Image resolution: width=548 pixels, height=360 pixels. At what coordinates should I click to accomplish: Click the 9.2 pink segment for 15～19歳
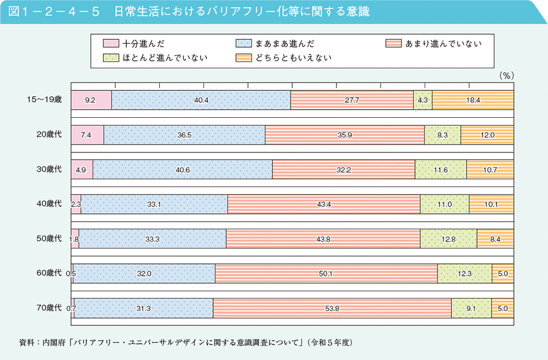pos(91,100)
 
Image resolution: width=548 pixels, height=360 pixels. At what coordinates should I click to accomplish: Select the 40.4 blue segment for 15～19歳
pos(201,100)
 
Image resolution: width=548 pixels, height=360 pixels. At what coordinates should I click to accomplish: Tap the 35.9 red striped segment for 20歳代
pos(344,135)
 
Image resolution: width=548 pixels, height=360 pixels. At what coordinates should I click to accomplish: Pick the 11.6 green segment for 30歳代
pos(441,169)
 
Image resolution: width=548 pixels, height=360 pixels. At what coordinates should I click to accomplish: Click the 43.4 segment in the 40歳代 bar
pos(323,204)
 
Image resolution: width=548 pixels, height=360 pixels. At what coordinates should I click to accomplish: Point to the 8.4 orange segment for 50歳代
pos(495,239)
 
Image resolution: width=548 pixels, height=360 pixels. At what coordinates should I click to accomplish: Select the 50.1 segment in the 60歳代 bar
pos(326,274)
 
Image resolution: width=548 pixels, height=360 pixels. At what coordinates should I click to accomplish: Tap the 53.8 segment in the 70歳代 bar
pos(331,308)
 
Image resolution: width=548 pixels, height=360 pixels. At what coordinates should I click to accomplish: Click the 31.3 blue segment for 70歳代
pos(143,308)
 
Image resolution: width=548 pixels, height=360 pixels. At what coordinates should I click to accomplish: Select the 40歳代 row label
pos(48,204)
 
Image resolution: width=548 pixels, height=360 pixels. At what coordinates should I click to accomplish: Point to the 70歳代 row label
pos(48,308)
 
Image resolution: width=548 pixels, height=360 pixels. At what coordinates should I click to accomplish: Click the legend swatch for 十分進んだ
pos(111,43)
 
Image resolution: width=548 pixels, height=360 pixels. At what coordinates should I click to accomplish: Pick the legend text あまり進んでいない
pos(443,43)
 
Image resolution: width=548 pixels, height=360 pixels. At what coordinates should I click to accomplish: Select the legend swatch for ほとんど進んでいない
pos(111,57)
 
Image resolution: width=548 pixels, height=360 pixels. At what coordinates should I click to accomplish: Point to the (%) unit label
pos(506,75)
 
